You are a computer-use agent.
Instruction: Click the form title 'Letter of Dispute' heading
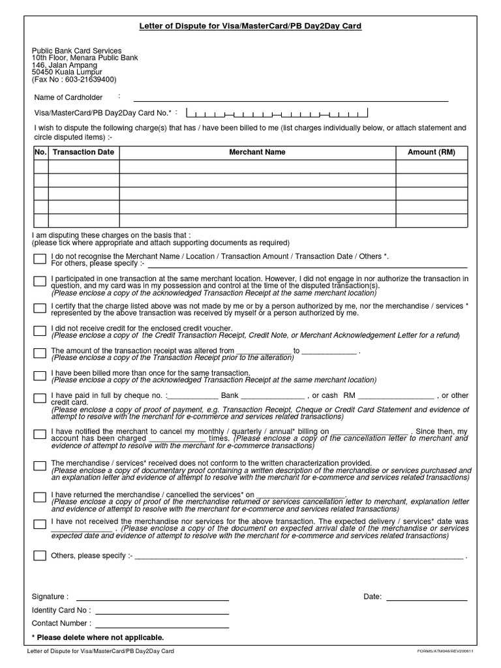(x=250, y=26)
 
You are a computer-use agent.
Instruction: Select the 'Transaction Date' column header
(x=83, y=152)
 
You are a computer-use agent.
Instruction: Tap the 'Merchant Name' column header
(x=257, y=152)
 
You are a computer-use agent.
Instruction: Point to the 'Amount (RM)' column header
(x=431, y=152)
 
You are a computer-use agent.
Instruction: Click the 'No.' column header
(x=40, y=152)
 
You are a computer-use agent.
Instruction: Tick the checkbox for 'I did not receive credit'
(x=40, y=331)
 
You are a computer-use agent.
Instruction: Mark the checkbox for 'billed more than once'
(x=40, y=376)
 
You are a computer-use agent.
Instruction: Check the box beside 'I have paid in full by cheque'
(x=40, y=399)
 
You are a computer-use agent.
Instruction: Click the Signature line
(x=153, y=598)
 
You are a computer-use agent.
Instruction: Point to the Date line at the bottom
(x=427, y=598)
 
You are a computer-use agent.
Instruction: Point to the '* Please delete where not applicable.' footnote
(x=98, y=637)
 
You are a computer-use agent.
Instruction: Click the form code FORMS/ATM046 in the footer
(x=446, y=652)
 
